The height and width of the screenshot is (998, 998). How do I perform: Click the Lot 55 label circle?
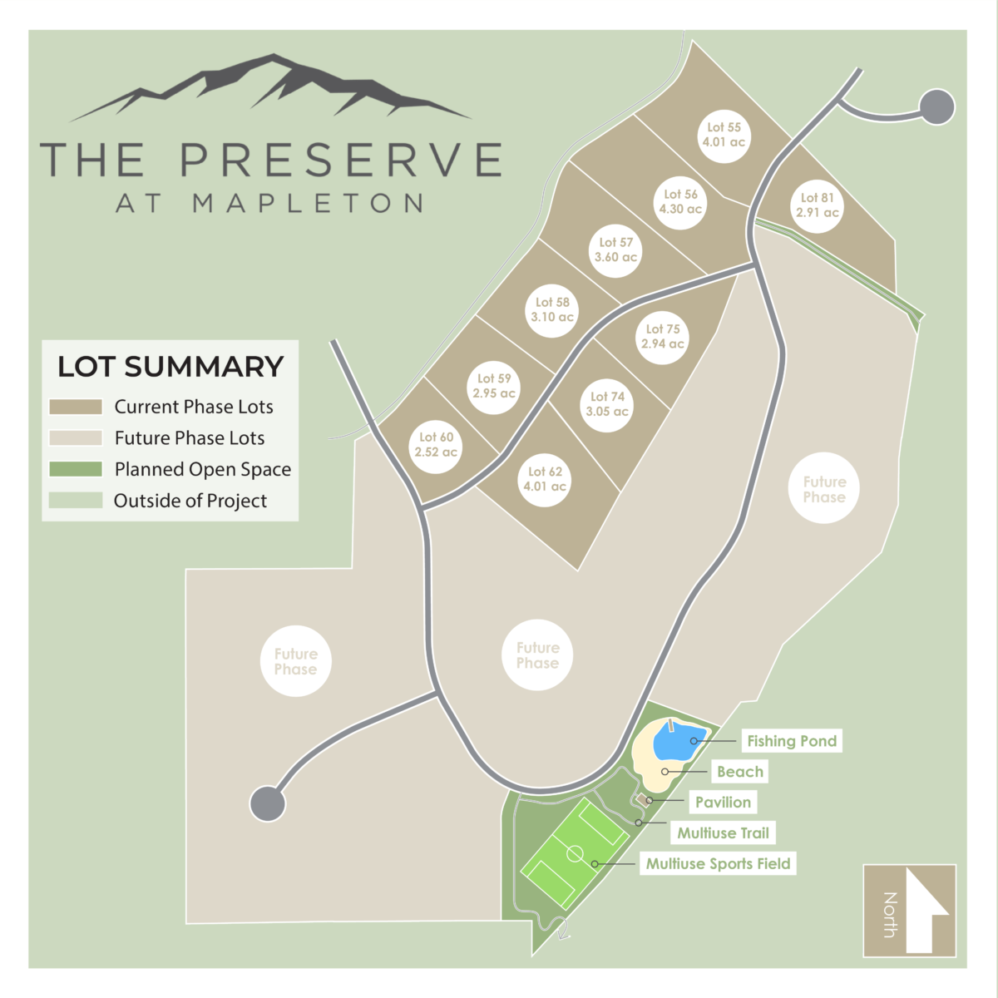(724, 135)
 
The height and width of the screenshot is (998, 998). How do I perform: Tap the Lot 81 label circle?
(818, 205)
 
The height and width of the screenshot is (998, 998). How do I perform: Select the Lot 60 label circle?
(437, 444)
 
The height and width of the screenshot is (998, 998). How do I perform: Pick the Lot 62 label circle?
(545, 479)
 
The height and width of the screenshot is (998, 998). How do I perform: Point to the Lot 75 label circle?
(663, 336)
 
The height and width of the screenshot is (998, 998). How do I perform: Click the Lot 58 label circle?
(553, 309)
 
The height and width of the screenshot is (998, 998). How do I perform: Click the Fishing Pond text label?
(791, 741)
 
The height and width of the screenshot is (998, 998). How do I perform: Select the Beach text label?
(739, 772)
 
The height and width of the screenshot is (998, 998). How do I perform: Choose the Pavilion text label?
(723, 803)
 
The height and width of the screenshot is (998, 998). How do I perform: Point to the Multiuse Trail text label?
(723, 833)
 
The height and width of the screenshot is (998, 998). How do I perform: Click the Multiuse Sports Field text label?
(718, 864)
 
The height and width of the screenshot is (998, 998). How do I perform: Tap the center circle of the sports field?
(575, 853)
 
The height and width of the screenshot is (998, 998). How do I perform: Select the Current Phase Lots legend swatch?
(76, 407)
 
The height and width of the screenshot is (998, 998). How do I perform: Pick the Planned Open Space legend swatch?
(76, 469)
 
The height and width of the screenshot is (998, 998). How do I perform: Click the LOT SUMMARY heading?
(170, 367)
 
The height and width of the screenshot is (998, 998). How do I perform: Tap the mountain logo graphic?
(270, 87)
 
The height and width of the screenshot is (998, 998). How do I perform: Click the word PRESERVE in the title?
(341, 160)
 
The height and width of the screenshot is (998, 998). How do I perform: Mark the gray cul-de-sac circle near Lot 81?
(937, 107)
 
